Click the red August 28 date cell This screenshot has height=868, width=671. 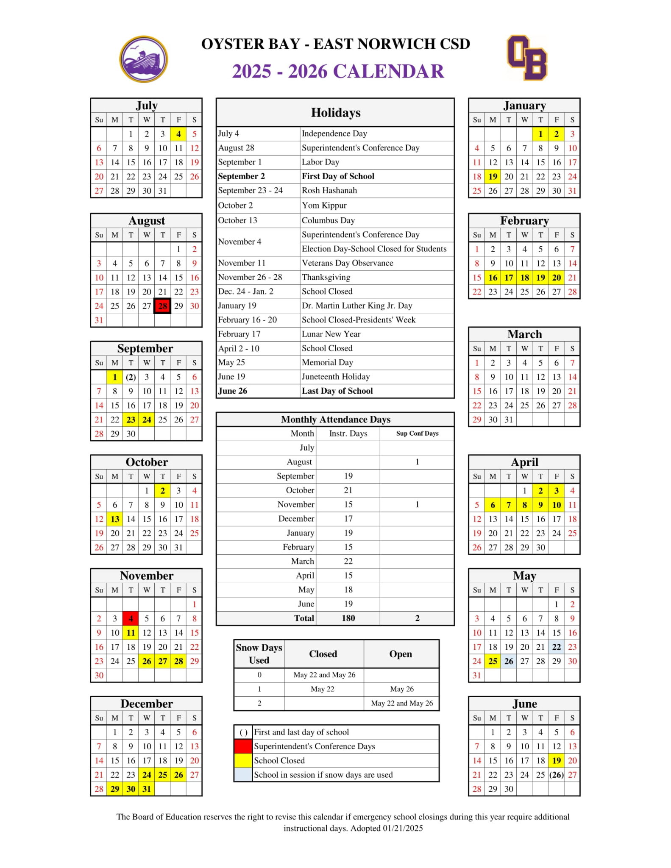point(162,306)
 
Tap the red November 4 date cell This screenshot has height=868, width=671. point(131,619)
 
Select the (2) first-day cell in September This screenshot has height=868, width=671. point(131,377)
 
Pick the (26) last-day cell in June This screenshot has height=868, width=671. point(556,775)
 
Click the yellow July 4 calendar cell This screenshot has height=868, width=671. point(178,134)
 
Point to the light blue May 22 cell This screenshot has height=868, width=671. point(556,647)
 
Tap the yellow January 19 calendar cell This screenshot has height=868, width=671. point(493,177)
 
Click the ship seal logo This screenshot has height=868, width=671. point(144,59)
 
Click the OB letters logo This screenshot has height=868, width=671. point(527,58)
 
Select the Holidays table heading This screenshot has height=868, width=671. point(335,113)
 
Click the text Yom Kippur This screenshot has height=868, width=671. point(324,206)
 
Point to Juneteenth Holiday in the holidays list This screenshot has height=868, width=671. point(335,377)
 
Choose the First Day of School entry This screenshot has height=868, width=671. point(338,176)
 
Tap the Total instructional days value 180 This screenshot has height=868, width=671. point(348,618)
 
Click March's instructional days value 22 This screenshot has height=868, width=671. point(348,562)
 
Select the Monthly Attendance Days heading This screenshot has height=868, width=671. point(335,420)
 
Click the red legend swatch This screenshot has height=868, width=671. point(243,746)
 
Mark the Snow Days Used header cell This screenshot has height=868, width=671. point(259,654)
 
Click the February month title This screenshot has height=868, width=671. point(524,221)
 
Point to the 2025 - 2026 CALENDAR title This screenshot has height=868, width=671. point(338,71)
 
